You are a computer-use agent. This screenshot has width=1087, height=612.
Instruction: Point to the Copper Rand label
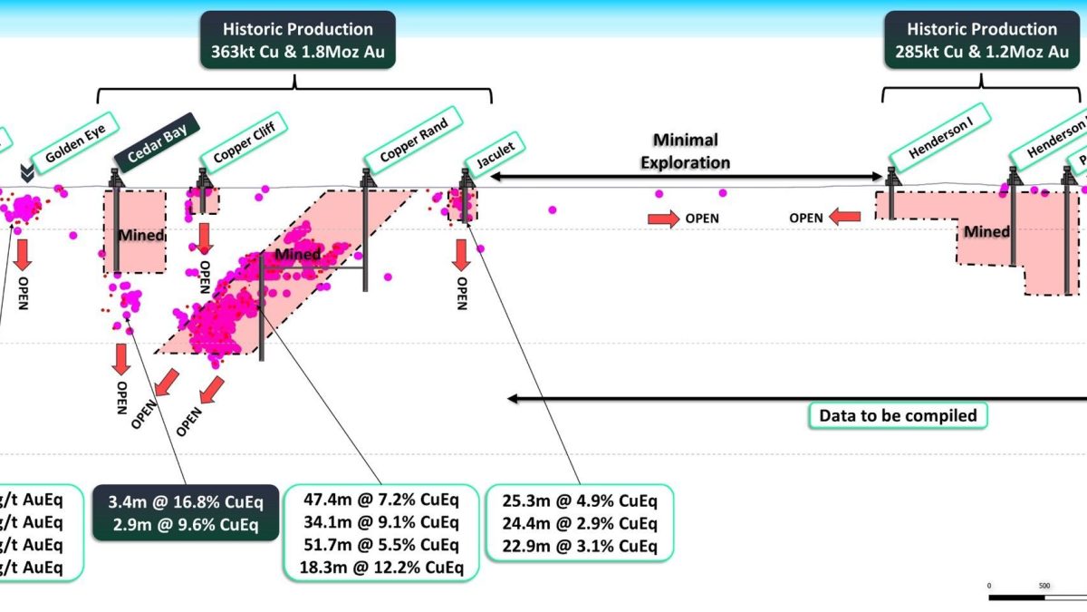pyautogui.click(x=413, y=137)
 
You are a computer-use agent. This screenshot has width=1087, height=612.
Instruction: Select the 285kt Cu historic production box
pyautogui.click(x=982, y=40)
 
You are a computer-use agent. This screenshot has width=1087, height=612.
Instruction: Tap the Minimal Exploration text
pyautogui.click(x=686, y=151)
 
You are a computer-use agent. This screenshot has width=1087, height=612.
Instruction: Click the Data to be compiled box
pyautogui.click(x=898, y=415)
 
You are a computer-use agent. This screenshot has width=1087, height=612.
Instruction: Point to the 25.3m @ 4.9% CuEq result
pyautogui.click(x=580, y=501)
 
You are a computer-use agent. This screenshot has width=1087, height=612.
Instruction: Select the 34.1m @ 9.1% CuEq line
pyautogui.click(x=381, y=523)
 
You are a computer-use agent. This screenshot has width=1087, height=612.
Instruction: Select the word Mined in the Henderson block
pyautogui.click(x=986, y=232)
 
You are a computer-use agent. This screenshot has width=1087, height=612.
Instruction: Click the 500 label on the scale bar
pyautogui.click(x=1044, y=586)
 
